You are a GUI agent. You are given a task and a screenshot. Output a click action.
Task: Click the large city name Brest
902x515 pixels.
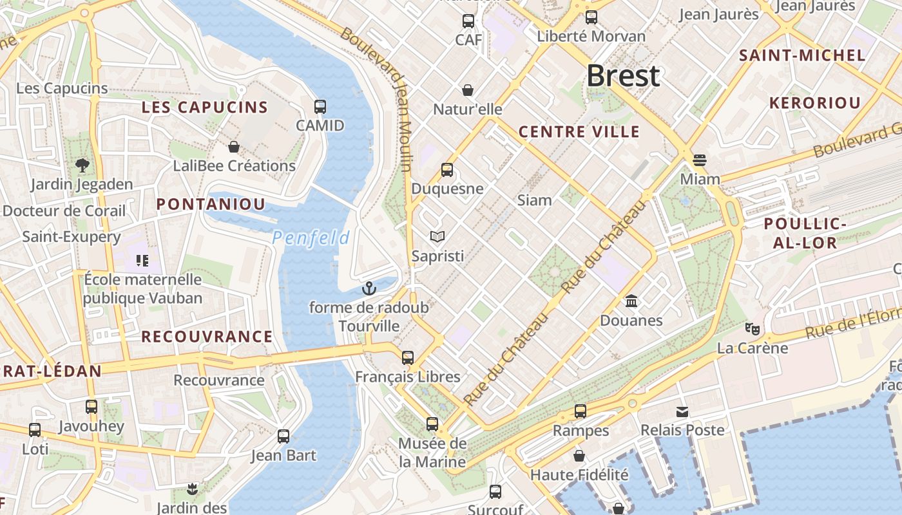coord(623,76)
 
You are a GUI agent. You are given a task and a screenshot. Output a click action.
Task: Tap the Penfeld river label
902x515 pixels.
coord(311,238)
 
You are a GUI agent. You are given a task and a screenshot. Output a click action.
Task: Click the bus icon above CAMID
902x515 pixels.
coord(320,107)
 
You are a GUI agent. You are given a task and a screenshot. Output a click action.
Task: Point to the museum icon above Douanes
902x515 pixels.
coord(631,301)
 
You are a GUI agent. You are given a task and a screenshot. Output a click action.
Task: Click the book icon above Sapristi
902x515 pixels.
coord(437,237)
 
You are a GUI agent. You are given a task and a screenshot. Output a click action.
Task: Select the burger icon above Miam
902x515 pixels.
coord(700,160)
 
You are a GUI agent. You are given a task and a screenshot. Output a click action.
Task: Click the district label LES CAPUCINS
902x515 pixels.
coord(204,108)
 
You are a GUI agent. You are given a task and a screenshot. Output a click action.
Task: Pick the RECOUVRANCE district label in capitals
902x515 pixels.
coord(207,337)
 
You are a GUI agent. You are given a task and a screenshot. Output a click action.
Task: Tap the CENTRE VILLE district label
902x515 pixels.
coord(579,133)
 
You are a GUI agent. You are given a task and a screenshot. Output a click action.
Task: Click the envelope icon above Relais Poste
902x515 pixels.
coord(682,411)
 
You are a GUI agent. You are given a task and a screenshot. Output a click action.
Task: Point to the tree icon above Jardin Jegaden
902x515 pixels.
coord(82,165)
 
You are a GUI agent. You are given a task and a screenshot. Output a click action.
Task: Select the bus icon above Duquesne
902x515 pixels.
coord(447,170)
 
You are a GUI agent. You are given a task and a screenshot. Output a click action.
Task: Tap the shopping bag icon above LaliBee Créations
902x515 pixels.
coord(234,147)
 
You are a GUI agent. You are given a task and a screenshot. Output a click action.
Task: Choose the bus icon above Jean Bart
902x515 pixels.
coord(283,436)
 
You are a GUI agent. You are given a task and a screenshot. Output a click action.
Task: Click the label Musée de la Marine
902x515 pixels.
coord(432,453)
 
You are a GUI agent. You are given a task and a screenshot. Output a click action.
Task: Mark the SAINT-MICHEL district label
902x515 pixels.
coord(802,55)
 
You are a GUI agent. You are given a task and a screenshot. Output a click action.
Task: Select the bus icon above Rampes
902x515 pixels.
coord(581,411)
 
